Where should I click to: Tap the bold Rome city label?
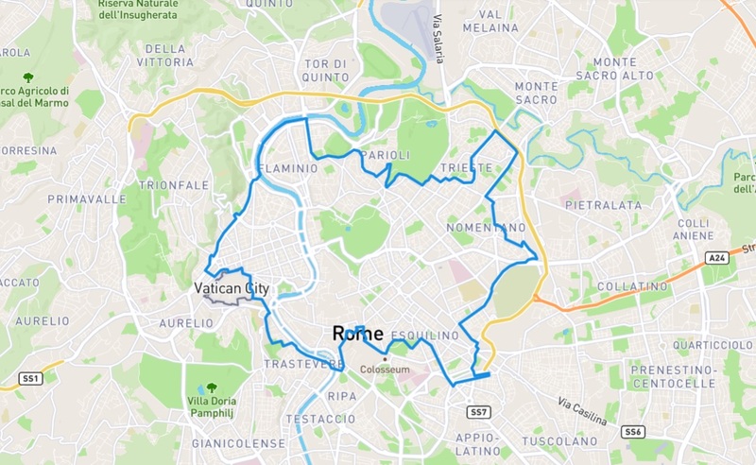(357, 333)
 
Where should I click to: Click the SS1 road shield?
(30, 378)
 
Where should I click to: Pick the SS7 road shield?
(478, 412)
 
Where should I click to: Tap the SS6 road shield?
(632, 432)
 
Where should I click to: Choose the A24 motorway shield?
(719, 257)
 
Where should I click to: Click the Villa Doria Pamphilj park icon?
(210, 387)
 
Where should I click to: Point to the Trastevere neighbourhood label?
(303, 364)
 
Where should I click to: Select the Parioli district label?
(388, 155)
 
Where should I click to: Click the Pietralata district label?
(603, 204)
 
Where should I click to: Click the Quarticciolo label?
(701, 345)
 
